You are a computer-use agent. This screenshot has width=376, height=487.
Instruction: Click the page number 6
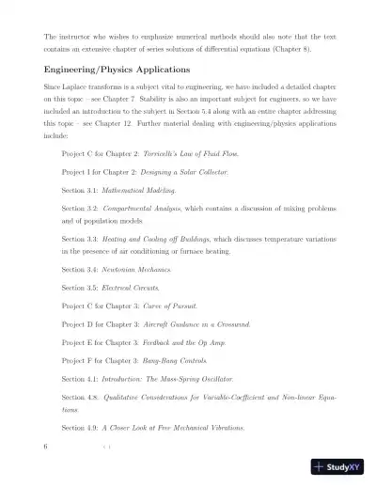[x=45, y=447]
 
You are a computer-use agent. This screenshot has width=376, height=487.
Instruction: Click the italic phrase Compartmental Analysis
[x=153, y=217]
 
